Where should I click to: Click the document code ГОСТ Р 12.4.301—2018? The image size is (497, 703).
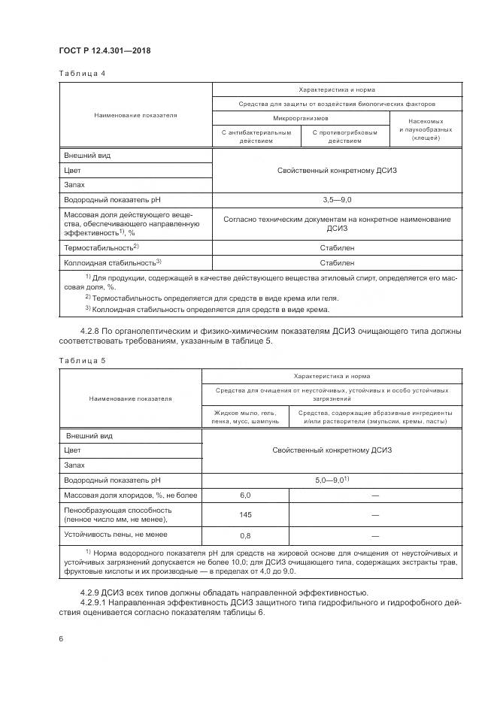click(x=105, y=51)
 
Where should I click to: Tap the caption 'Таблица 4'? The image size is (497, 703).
click(x=82, y=74)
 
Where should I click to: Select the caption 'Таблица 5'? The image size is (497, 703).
click(x=82, y=360)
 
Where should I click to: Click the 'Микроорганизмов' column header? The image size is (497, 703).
click(x=300, y=118)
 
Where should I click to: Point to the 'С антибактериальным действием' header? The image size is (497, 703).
click(x=256, y=136)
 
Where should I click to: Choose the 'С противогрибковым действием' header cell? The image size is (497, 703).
click(x=345, y=136)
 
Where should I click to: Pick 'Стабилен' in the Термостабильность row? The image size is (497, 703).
click(x=337, y=247)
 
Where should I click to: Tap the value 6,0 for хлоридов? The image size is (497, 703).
click(x=244, y=495)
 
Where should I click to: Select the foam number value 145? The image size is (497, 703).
click(x=244, y=514)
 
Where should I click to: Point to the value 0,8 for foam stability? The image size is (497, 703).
click(x=244, y=535)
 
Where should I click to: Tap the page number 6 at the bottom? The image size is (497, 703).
click(x=60, y=638)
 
